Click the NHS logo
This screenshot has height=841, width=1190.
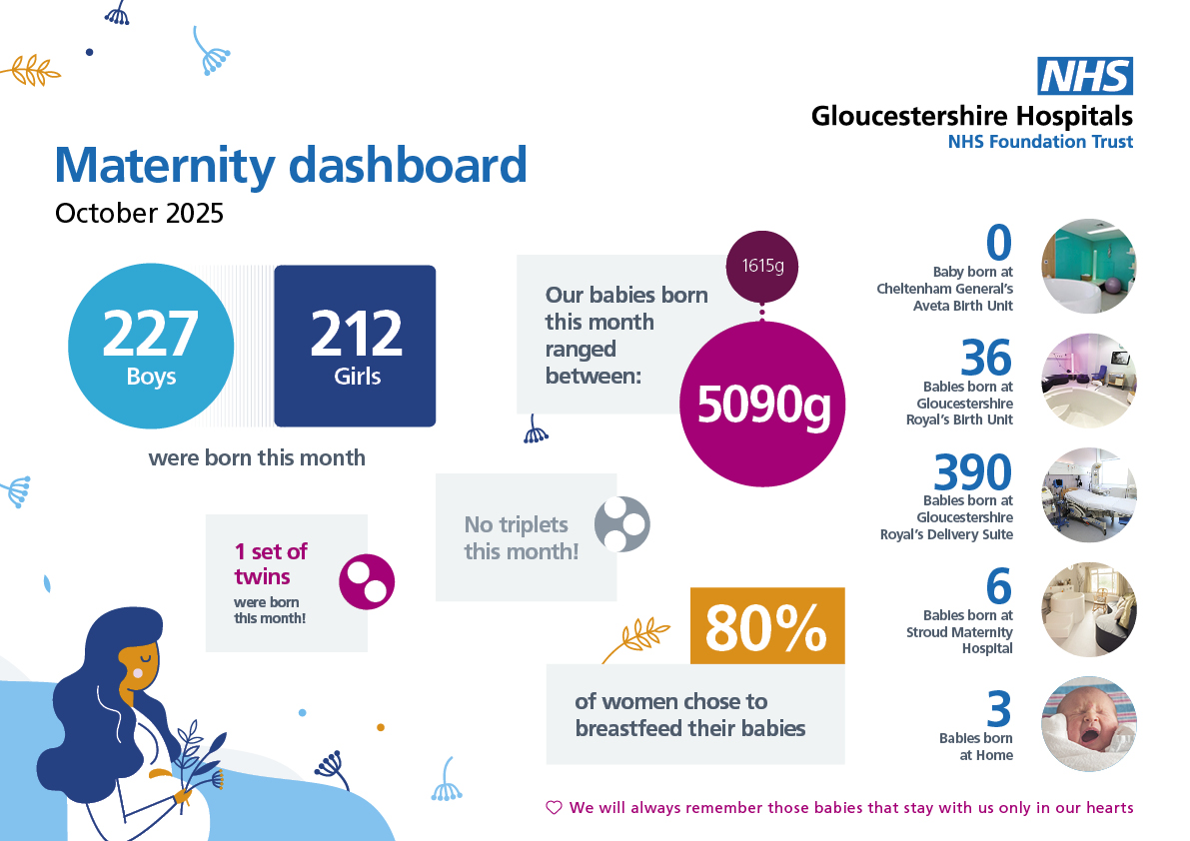(x=1085, y=77)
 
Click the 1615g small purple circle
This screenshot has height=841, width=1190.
(x=761, y=267)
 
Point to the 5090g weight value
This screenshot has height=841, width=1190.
(x=762, y=405)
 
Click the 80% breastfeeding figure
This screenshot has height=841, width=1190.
(x=766, y=626)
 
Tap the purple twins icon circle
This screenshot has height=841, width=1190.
(x=368, y=581)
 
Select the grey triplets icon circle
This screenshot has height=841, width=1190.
(x=622, y=524)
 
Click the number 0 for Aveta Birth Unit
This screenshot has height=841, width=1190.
(x=999, y=243)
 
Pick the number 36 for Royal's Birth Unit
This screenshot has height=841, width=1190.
(x=986, y=358)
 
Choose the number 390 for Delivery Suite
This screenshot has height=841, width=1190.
(x=972, y=472)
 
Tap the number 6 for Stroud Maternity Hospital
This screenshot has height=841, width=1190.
(x=998, y=587)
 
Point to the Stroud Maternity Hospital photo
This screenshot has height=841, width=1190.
(x=1089, y=609)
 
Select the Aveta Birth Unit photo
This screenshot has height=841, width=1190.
(x=1089, y=267)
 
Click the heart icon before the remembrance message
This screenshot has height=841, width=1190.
(x=554, y=807)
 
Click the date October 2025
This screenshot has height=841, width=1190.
(x=139, y=214)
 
